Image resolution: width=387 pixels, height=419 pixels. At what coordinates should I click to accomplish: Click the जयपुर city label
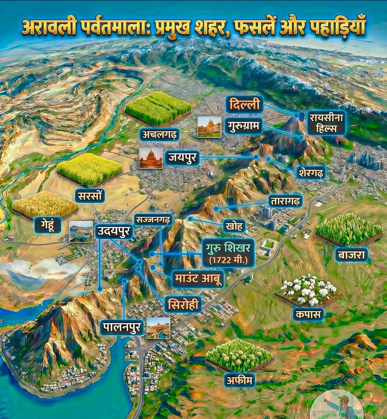pyautogui.click(x=182, y=158)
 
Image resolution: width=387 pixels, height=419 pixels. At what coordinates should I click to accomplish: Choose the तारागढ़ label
pyautogui.click(x=285, y=202)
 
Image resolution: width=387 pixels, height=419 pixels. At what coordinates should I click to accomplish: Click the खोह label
pyautogui.click(x=234, y=226)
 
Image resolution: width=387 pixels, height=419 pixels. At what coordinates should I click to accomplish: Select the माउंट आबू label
pyautogui.click(x=198, y=279)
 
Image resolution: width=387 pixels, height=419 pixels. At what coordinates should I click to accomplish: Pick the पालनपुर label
pyautogui.click(x=123, y=328)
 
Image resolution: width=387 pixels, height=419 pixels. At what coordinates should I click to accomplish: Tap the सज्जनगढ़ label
pyautogui.click(x=153, y=220)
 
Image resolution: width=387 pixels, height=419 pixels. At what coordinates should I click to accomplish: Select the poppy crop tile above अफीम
pyautogui.click(x=240, y=355)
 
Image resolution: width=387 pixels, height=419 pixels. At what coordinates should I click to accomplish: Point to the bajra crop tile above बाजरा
pyautogui.click(x=349, y=230)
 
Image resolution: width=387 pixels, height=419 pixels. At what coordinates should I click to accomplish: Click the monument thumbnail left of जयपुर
pyautogui.click(x=151, y=158)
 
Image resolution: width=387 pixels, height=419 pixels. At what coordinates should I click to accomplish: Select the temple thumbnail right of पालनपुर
pyautogui.click(x=159, y=328)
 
